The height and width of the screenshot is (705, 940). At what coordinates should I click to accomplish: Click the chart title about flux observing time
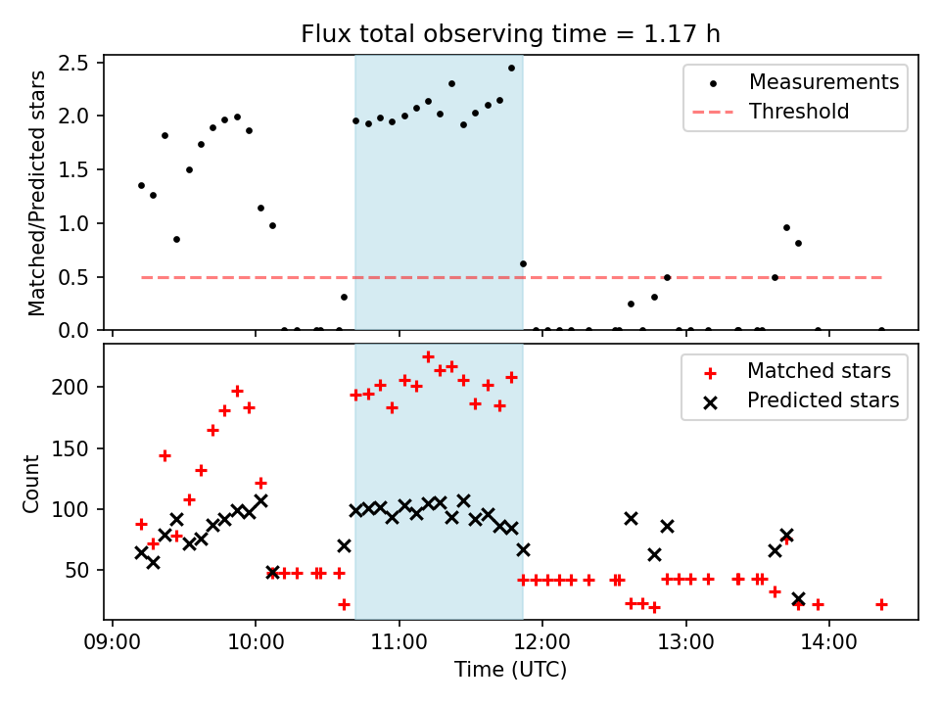[510, 34]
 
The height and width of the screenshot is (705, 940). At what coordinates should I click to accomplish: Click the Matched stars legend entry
[796, 371]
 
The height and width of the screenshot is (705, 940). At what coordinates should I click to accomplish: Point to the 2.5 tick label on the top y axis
[73, 63]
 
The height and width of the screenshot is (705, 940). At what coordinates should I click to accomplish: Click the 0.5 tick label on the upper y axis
[73, 277]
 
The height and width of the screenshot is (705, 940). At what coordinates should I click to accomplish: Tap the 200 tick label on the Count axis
[70, 388]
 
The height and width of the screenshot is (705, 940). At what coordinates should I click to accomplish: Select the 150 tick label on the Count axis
[70, 448]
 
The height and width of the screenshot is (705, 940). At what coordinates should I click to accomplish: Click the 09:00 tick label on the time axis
[113, 642]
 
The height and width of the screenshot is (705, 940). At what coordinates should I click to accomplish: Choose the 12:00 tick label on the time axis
[541, 642]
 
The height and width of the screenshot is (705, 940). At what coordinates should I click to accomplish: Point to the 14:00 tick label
[828, 642]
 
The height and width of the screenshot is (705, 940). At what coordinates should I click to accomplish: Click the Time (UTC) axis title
[510, 669]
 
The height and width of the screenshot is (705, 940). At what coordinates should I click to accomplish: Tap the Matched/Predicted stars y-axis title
[36, 193]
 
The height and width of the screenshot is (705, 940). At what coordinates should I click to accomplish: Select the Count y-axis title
[30, 484]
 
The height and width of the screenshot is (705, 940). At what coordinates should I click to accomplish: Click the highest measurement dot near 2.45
[511, 69]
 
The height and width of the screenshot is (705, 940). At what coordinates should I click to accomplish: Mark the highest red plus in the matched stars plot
[428, 357]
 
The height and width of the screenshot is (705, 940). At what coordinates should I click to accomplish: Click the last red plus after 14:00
[881, 605]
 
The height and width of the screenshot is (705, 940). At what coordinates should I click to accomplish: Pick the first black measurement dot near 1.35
[141, 186]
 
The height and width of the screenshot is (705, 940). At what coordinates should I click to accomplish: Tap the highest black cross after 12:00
[631, 519]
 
